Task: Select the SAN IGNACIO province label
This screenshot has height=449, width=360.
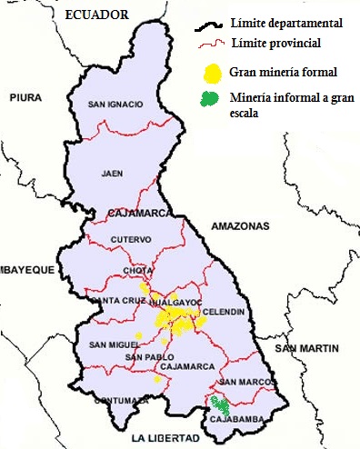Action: tap(115, 105)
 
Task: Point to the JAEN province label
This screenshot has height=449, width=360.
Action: tap(113, 173)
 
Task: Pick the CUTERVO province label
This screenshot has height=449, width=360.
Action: tap(127, 240)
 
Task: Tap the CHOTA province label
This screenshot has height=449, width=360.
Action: tap(138, 272)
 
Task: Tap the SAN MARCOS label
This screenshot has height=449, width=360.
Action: tap(241, 382)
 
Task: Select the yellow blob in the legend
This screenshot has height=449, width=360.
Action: tap(213, 71)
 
